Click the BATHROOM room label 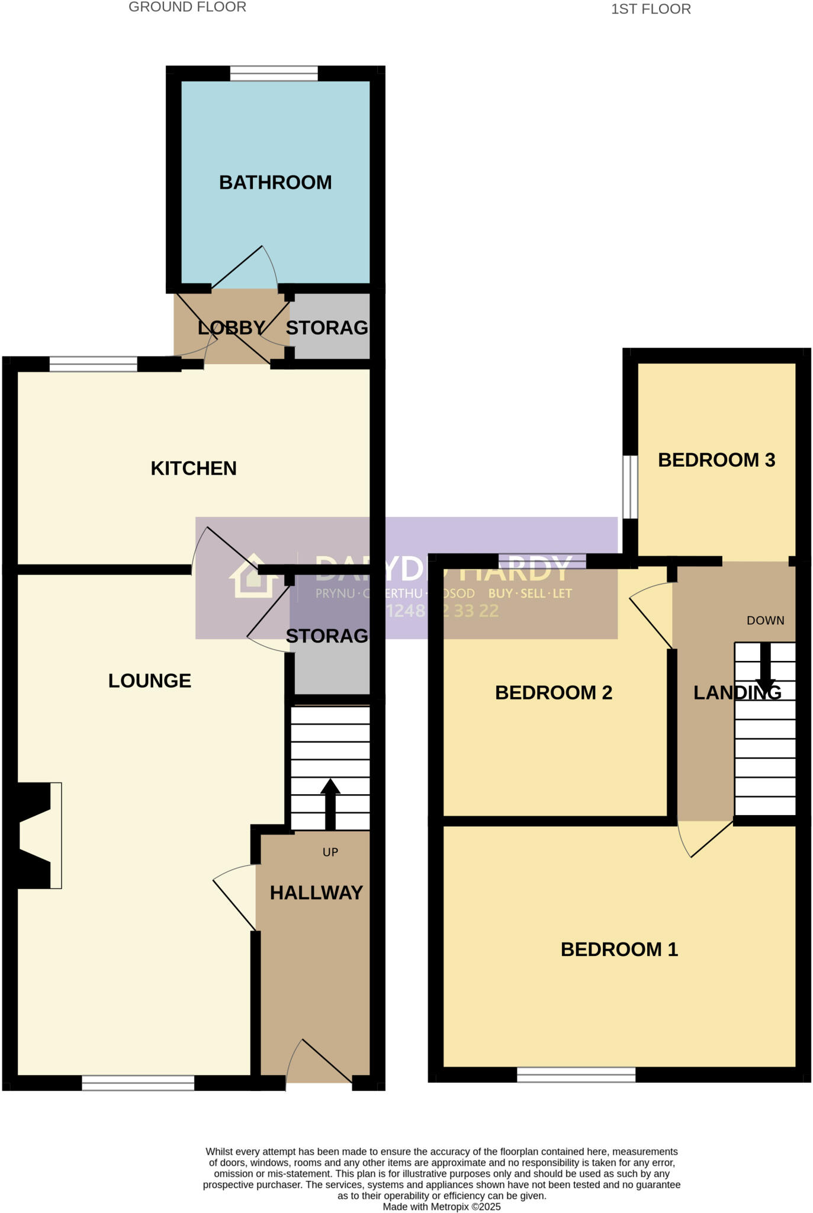275,182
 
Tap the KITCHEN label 194,468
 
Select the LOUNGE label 149,681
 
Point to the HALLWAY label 316,893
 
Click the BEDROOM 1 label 619,949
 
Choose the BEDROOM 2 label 553,692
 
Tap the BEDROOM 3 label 716,460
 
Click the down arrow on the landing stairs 765,669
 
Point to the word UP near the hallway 330,852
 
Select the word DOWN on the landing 765,621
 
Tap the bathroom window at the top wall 274,73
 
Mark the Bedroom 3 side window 631,487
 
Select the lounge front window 138,1083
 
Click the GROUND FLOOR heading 187,7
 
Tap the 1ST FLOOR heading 650,9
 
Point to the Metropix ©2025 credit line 441,1206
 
